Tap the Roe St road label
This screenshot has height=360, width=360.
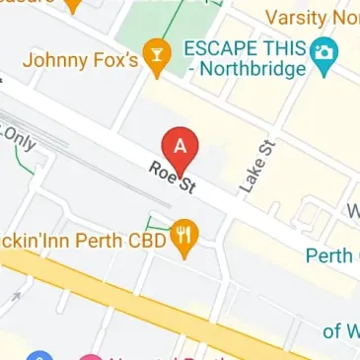pyautogui.click(x=171, y=182)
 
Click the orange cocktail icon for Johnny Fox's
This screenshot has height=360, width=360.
pyautogui.click(x=155, y=57)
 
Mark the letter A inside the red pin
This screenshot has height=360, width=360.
pyautogui.click(x=180, y=146)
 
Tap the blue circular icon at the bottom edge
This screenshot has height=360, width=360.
pyautogui.click(x=40, y=355)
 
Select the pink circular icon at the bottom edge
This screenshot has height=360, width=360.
pyautogui.click(x=91, y=355)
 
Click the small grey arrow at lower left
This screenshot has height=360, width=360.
pyautogui.click(x=14, y=296)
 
